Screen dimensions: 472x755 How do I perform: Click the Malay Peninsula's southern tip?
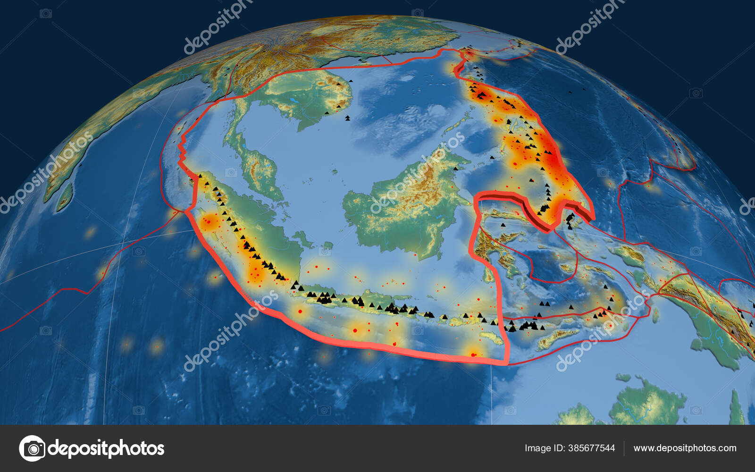(x=278, y=198)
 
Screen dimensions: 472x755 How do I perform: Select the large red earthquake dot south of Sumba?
(x=474, y=354)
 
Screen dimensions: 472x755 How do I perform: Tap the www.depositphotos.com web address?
(x=685, y=448)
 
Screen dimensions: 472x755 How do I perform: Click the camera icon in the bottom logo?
(x=33, y=448)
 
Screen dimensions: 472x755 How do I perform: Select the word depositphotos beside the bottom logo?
(x=106, y=448)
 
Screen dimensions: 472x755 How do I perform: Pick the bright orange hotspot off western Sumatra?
(x=209, y=220)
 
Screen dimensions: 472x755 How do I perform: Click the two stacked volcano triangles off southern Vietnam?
(x=348, y=118)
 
